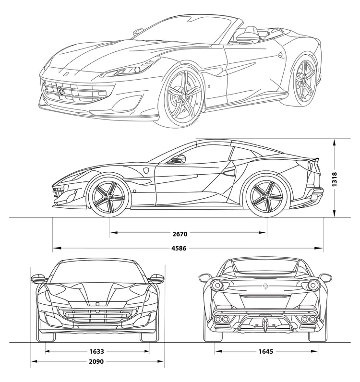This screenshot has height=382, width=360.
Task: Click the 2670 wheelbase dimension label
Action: pos(180,234)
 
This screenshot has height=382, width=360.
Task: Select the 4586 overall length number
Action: pos(179,249)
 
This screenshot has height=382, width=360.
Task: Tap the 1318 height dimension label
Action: pos(335,179)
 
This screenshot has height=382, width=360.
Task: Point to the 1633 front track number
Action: pos(96,351)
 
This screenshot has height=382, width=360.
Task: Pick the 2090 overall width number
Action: pos(96,361)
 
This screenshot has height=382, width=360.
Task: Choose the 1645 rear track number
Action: pos(266,351)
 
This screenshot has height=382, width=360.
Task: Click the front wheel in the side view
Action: pos(108,196)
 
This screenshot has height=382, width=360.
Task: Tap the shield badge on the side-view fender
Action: pos(146,171)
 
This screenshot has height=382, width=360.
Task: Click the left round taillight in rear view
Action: pos(216,285)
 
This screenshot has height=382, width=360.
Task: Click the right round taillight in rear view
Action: pos(312,285)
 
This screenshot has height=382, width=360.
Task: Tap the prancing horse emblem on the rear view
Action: pos(264,286)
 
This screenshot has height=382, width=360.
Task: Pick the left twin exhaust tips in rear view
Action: pos(221,319)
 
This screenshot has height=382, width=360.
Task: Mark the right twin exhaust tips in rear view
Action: pos(308,319)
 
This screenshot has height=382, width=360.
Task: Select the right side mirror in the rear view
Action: pos(325,277)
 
